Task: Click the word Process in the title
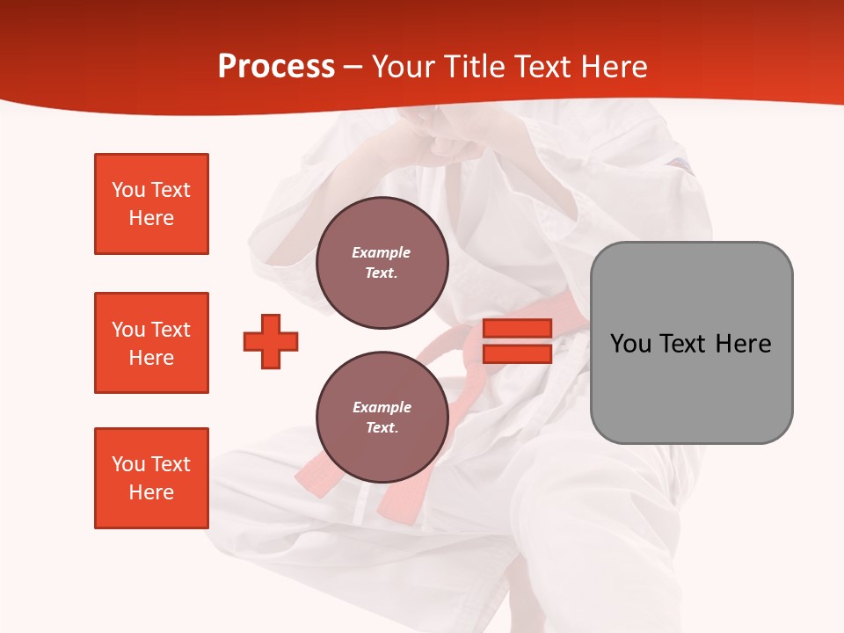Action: pyautogui.click(x=276, y=67)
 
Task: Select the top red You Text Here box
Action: pyautogui.click(x=151, y=204)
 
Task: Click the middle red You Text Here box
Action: pyautogui.click(x=151, y=343)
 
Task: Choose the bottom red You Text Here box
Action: pyautogui.click(x=151, y=478)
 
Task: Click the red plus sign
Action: pyautogui.click(x=271, y=342)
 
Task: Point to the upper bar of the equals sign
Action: pyautogui.click(x=517, y=329)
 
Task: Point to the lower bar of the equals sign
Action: pyautogui.click(x=517, y=353)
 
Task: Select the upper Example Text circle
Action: pyautogui.click(x=382, y=262)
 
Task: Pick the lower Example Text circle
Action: pyautogui.click(x=382, y=417)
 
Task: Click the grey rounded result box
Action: pyautogui.click(x=691, y=343)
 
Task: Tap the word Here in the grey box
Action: pyautogui.click(x=743, y=344)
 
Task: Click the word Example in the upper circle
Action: pyautogui.click(x=382, y=253)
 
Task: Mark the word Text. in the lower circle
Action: pyautogui.click(x=382, y=428)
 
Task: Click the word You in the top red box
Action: pyautogui.click(x=128, y=190)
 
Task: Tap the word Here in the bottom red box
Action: pyautogui.click(x=151, y=492)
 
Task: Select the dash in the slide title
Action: pyautogui.click(x=353, y=67)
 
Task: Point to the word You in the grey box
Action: pyautogui.click(x=631, y=344)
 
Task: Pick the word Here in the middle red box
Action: pyautogui.click(x=151, y=358)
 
